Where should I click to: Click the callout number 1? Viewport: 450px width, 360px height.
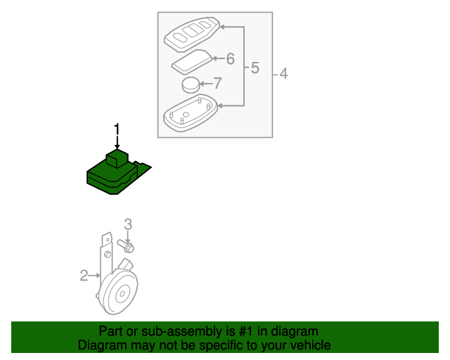click(117, 129)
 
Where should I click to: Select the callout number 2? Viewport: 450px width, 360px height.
click(84, 276)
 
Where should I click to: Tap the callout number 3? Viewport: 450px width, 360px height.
click(128, 224)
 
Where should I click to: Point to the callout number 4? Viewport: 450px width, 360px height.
click(283, 73)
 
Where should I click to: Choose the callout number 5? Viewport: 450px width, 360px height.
click(255, 68)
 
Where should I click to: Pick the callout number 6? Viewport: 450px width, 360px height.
click(229, 59)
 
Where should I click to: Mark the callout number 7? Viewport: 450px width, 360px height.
click(217, 84)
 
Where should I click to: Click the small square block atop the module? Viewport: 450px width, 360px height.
click(116, 158)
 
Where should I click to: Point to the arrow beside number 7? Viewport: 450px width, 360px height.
click(205, 84)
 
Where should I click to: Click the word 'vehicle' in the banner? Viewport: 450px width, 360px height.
click(310, 345)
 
